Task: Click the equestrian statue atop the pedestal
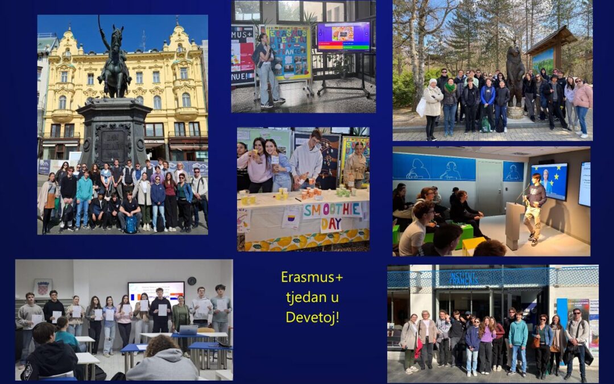click(115, 63)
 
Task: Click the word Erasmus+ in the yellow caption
click(312, 278)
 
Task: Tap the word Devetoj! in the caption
click(312, 316)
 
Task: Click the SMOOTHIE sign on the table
click(332, 210)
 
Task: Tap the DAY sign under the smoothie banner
click(331, 224)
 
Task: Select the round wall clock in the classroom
click(192, 281)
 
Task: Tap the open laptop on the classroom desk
click(188, 330)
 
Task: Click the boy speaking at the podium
click(534, 208)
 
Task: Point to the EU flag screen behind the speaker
click(549, 181)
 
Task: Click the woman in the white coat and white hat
click(433, 108)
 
